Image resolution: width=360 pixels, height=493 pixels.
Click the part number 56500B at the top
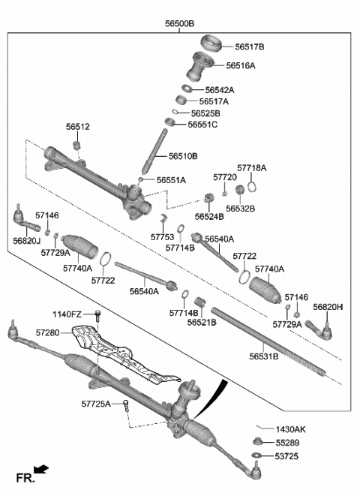[x=179, y=24]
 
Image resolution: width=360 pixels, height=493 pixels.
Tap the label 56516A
[x=240, y=65]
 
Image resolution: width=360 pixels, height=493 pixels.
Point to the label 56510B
[x=183, y=156]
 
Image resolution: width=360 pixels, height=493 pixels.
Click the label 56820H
[x=328, y=307]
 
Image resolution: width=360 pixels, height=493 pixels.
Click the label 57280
[x=47, y=331]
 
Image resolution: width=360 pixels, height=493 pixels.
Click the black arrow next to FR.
[x=42, y=470]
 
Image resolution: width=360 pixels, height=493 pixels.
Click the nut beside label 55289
[x=257, y=442]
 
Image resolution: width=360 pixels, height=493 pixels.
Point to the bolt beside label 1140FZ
[x=97, y=314]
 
